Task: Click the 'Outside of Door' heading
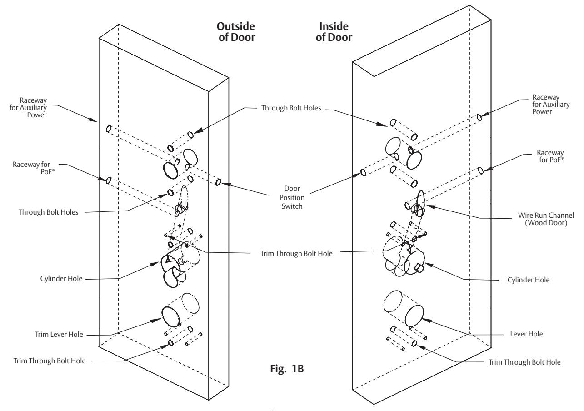coord(236,32)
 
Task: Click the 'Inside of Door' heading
coord(334,32)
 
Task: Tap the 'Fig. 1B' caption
coord(287,369)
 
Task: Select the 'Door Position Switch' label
coord(292,197)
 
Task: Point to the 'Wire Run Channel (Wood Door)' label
coord(546,219)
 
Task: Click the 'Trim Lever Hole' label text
coord(59,334)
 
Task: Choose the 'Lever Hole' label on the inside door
coord(526,334)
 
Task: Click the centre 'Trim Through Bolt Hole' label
coord(296,253)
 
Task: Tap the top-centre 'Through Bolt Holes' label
coord(291,108)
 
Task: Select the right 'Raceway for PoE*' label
coord(550,156)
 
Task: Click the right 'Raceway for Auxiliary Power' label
coord(551,104)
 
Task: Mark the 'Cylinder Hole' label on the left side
coord(61,279)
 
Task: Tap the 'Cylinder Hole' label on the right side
coord(529,280)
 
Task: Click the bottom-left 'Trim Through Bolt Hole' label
coord(50,361)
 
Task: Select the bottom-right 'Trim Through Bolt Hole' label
coord(524,362)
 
